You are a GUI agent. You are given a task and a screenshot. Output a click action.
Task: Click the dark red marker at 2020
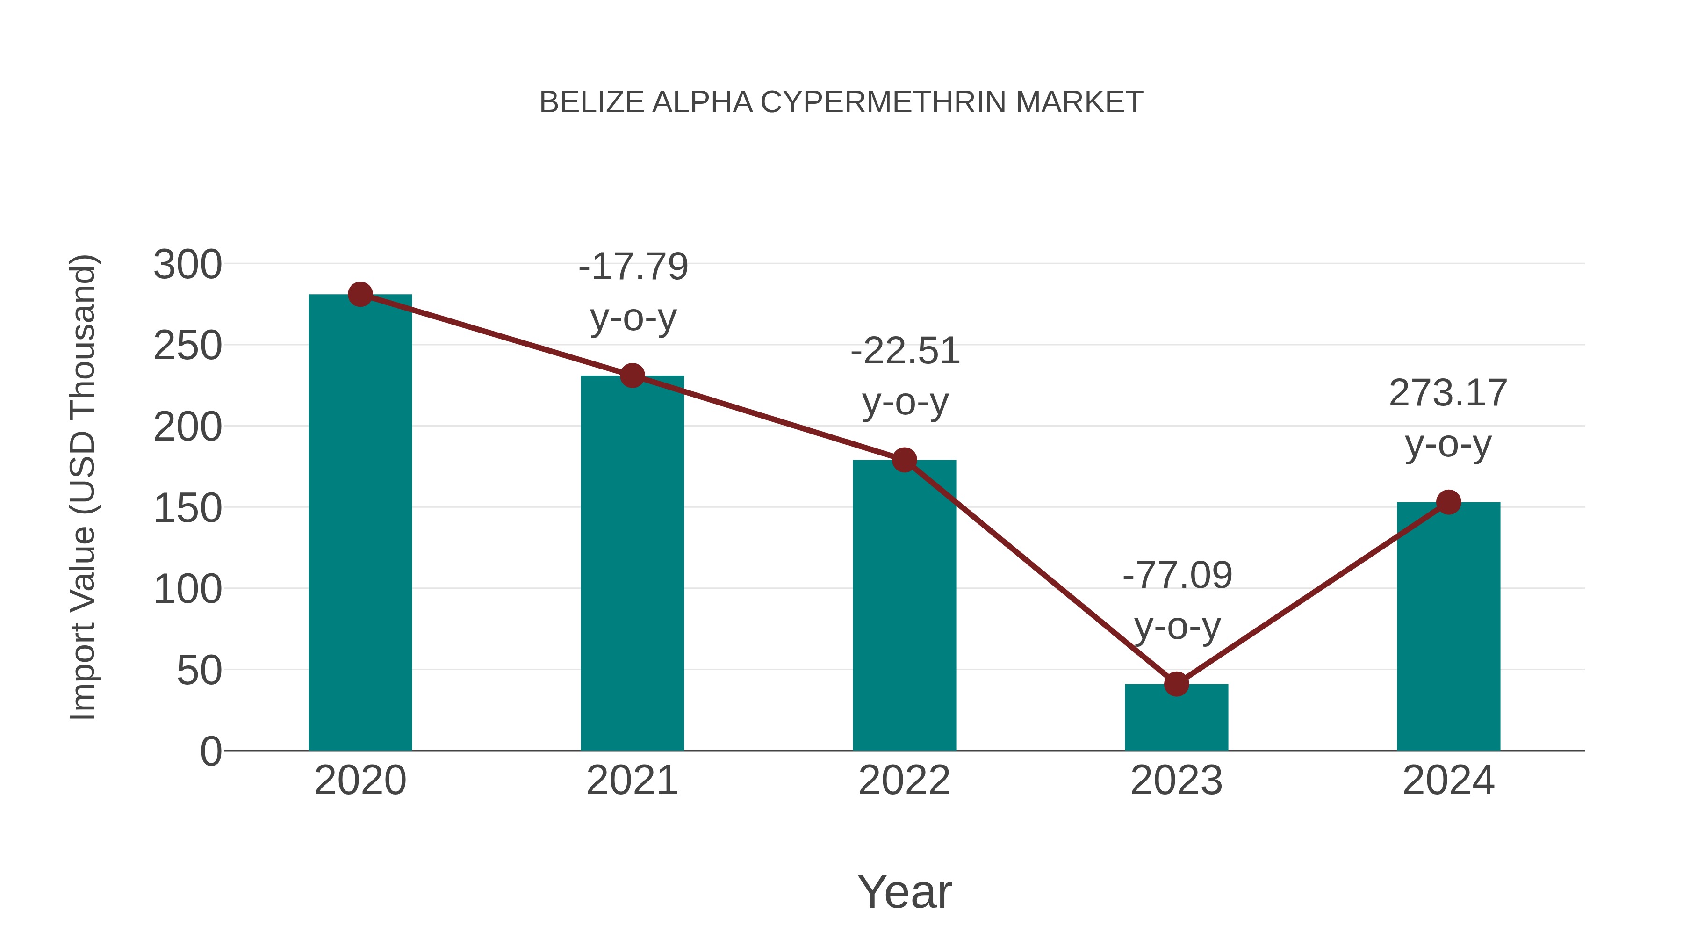(360, 295)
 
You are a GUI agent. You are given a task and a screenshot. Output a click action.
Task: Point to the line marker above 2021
(632, 376)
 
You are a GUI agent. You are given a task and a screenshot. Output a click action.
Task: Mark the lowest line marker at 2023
(1176, 684)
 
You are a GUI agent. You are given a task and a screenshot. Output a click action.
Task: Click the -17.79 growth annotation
(633, 267)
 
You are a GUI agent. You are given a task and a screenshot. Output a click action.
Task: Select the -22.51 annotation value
(905, 352)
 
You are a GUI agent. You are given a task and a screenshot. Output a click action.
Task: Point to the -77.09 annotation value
(1177, 576)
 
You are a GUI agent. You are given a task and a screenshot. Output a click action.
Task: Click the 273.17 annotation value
(1448, 393)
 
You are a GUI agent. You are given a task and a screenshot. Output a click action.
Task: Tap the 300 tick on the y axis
(187, 265)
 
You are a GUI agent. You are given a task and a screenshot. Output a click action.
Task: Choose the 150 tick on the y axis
(187, 508)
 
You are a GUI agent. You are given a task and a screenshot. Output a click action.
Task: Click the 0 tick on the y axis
(210, 752)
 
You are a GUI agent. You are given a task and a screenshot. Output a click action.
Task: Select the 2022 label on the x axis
(904, 781)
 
